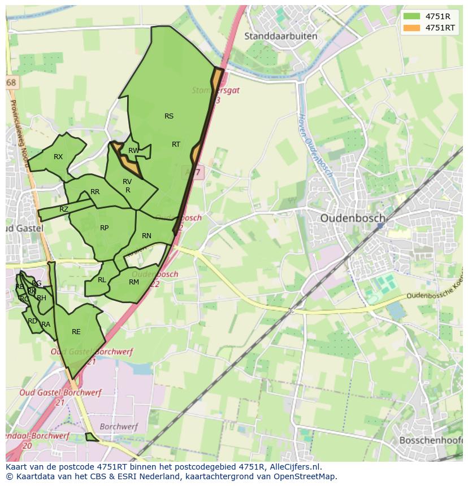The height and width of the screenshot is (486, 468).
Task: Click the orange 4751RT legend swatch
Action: [412, 28]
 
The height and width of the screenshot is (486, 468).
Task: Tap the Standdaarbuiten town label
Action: [280, 36]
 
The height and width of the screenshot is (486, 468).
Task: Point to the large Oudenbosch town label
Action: [352, 218]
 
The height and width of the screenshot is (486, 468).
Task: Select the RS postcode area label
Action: [169, 116]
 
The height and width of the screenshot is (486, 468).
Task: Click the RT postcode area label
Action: [176, 145]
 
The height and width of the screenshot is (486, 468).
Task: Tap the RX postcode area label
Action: [58, 157]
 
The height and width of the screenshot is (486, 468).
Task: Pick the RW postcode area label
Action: [133, 151]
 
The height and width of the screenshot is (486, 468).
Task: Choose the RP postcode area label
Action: [104, 228]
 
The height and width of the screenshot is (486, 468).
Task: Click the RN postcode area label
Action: [146, 236]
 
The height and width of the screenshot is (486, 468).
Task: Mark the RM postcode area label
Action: [134, 282]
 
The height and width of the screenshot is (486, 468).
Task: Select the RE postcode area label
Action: [76, 332]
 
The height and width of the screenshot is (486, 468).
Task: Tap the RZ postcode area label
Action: [64, 209]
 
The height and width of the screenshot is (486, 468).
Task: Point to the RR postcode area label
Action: [95, 192]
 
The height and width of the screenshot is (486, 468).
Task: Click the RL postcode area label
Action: [102, 280]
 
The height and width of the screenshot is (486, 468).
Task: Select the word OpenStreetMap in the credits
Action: [305, 476]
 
